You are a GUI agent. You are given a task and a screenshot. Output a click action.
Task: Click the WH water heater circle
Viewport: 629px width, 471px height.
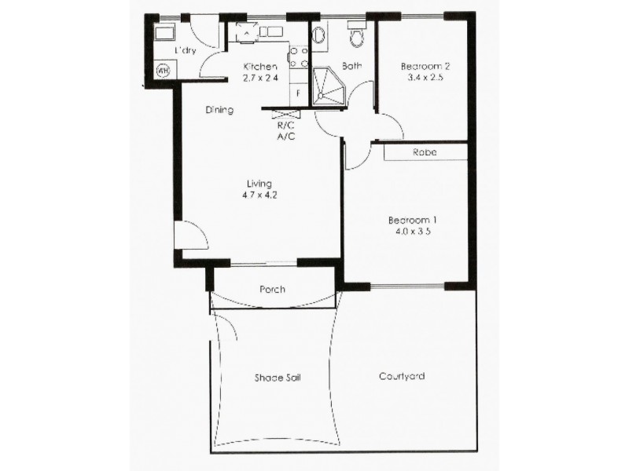(164, 71)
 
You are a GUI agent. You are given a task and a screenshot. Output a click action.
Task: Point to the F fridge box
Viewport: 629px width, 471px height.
(299, 93)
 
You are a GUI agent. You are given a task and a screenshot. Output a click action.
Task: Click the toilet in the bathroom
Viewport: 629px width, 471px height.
(358, 35)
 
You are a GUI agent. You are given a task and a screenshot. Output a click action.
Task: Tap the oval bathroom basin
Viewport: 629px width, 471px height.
(319, 35)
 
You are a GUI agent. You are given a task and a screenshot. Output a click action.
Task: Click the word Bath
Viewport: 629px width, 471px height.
(351, 66)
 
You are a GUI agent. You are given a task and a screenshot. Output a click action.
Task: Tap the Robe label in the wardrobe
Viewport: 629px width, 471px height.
(425, 152)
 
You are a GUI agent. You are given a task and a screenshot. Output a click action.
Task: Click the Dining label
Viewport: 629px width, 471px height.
(219, 111)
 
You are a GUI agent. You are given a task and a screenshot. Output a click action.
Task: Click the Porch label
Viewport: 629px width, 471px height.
(272, 289)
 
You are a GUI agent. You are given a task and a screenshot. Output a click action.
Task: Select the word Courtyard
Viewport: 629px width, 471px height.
(401, 376)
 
